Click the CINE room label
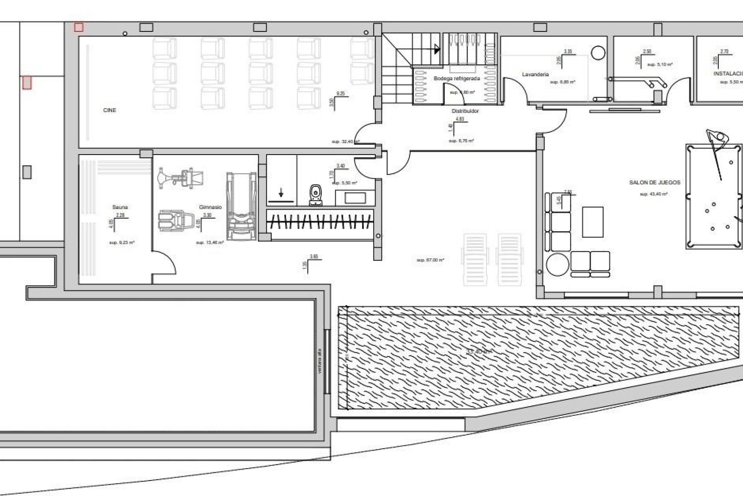click(110, 110)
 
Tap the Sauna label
click(120, 207)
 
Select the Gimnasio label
click(210, 207)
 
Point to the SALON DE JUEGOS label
click(654, 183)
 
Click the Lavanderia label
click(535, 74)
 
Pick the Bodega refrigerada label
click(457, 79)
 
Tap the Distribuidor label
click(465, 111)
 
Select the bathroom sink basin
click(355, 198)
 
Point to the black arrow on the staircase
click(437, 49)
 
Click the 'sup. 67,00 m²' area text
click(430, 260)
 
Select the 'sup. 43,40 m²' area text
click(653, 194)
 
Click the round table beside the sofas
click(557, 264)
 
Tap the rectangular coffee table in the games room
click(592, 222)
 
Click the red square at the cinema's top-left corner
click(79, 28)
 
